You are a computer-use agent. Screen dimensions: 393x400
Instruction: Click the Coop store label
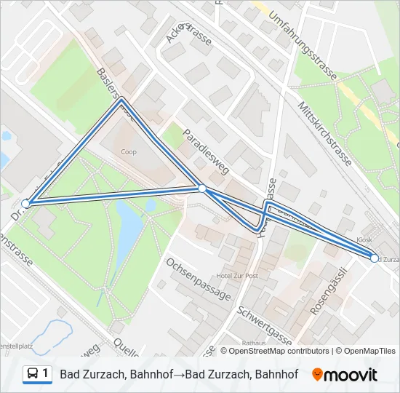tap(129, 152)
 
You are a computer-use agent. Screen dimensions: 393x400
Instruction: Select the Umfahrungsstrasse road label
tap(305, 51)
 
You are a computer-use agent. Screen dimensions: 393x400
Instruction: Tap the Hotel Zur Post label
tap(238, 277)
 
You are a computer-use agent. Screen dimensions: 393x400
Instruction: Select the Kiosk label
tap(365, 239)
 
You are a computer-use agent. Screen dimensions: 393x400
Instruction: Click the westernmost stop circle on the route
tap(26, 204)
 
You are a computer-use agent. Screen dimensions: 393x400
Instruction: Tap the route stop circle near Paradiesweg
tap(202, 188)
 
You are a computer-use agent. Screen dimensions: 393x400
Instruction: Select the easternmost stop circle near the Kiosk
tap(375, 258)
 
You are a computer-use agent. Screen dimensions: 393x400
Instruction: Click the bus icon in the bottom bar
tap(33, 374)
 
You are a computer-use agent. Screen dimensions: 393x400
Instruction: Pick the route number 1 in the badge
tap(47, 373)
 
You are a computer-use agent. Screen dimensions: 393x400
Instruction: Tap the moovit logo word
tap(351, 375)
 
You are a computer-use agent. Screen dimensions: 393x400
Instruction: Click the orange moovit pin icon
tap(317, 375)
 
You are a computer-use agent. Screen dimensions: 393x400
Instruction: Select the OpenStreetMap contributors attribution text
tap(279, 351)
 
